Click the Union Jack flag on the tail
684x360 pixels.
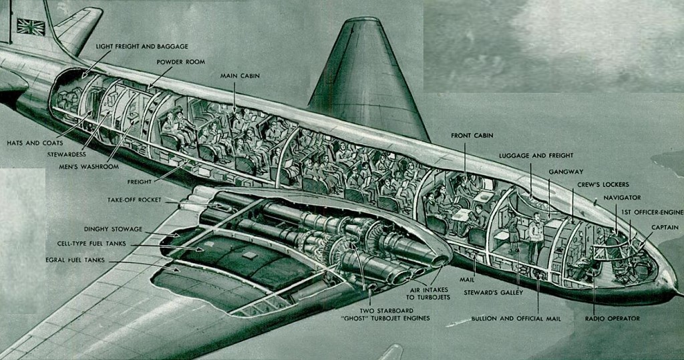point(31,27)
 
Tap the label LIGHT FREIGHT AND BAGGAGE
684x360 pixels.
point(142,47)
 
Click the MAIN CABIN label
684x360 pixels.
point(240,75)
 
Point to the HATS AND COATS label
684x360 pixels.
point(35,142)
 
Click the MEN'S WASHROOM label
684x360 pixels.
point(88,166)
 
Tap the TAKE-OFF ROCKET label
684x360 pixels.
point(134,200)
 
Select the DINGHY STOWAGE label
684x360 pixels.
point(110,228)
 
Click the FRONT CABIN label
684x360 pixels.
point(472,136)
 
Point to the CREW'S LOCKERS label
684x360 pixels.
point(603,184)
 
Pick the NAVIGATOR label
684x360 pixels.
point(622,198)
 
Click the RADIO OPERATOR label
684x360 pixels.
point(612,319)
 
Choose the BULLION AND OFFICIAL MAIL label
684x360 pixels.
point(516,319)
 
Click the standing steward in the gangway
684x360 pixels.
point(534,236)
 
